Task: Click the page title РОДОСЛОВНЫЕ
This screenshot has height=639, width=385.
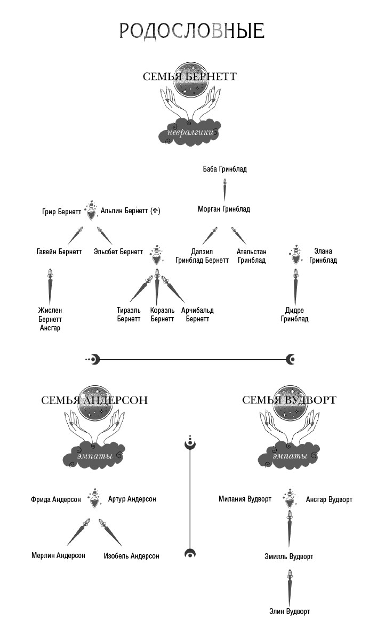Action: (x=191, y=31)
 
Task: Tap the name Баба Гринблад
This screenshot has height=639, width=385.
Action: (x=224, y=169)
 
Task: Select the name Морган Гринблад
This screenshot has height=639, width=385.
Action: (x=223, y=209)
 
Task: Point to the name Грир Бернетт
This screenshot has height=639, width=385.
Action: (x=61, y=212)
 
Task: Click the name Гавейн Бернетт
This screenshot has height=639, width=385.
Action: (x=59, y=252)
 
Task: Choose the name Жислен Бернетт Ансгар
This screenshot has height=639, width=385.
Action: (x=50, y=319)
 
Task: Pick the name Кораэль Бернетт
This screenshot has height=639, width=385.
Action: (x=162, y=314)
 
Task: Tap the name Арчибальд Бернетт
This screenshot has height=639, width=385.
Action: (x=197, y=314)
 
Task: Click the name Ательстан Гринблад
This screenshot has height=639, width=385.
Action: (x=251, y=256)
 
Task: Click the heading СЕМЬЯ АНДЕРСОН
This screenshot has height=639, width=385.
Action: (x=94, y=400)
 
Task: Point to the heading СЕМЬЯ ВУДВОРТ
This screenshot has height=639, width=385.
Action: (x=289, y=400)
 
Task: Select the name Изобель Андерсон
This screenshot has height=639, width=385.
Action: (x=131, y=556)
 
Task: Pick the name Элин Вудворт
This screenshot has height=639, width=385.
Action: (x=290, y=611)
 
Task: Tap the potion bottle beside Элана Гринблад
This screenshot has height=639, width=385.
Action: (x=295, y=255)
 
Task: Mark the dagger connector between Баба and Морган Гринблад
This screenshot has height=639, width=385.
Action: (x=224, y=189)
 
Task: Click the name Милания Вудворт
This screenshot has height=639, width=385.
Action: (x=245, y=499)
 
